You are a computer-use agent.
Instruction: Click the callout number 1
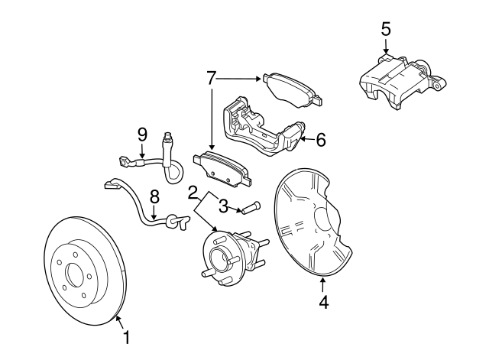(x=126, y=336)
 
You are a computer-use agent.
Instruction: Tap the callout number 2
(x=194, y=192)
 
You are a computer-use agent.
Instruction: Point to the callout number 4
(x=323, y=303)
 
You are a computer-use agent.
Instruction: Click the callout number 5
(x=386, y=29)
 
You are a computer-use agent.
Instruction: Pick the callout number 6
(x=321, y=139)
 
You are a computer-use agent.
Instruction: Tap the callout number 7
(x=212, y=77)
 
